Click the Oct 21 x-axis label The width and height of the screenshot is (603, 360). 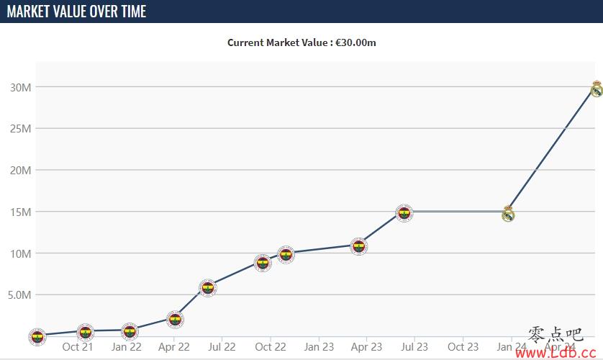tap(78, 347)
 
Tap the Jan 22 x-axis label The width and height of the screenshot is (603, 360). tap(125, 347)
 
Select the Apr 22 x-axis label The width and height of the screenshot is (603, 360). tap(173, 347)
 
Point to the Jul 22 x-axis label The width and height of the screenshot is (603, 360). tap(222, 347)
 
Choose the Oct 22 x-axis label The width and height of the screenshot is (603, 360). tap(270, 347)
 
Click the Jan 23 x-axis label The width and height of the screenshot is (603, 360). tap(318, 347)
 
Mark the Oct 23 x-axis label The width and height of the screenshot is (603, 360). tap(463, 347)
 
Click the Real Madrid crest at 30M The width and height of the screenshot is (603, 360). tap(597, 89)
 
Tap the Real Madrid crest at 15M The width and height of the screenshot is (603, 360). tap(508, 213)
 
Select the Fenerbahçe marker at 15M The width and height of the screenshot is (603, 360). tap(404, 212)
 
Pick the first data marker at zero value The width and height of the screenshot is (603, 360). tap(37, 336)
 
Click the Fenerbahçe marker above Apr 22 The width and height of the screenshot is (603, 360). tap(174, 319)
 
